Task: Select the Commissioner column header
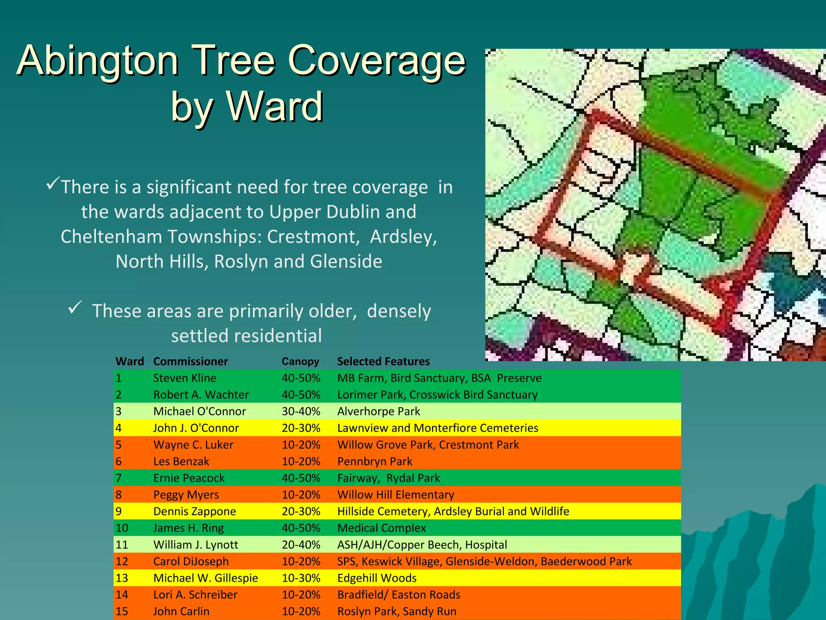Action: coord(190,361)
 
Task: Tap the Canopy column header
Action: coord(300,361)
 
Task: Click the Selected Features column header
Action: coord(383,361)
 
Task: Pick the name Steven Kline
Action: coord(184,378)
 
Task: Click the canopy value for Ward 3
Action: coord(300,411)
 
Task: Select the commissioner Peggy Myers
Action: coord(186,495)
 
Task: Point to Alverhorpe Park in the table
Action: coord(378,411)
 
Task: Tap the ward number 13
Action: coord(121,578)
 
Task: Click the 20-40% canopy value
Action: coord(300,545)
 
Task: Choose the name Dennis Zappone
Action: coord(194,511)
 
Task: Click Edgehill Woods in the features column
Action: coord(377,578)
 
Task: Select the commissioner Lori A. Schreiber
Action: coord(195,595)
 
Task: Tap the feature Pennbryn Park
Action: coord(375,461)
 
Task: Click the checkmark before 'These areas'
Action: coord(75,307)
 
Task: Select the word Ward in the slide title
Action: coord(275,106)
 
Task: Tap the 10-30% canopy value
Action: coord(300,578)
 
